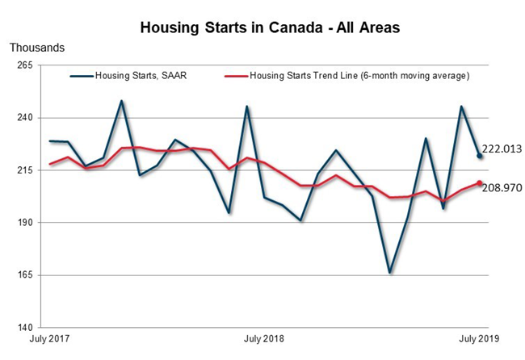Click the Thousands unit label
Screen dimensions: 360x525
37,48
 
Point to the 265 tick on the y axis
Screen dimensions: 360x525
23,65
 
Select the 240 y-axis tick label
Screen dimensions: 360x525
23,118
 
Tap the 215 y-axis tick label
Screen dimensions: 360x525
23,170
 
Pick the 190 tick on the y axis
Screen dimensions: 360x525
23,223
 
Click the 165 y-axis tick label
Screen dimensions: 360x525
23,275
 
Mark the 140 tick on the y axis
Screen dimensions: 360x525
23,328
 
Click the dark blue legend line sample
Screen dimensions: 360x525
82,77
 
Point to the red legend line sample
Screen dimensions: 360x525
235,77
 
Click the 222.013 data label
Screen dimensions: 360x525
502,149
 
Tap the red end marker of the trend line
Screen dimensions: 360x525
480,183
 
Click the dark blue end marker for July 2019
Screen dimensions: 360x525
480,156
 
